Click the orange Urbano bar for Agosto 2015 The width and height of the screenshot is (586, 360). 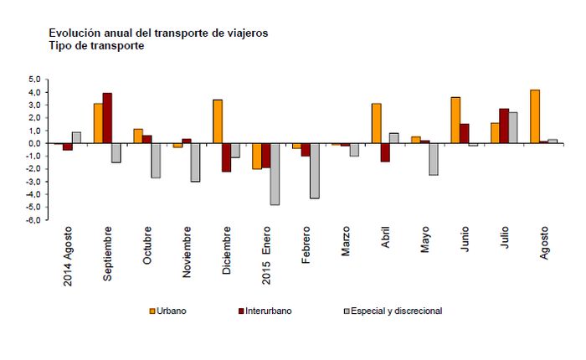(533, 116)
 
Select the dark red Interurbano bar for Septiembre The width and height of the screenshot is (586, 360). (107, 118)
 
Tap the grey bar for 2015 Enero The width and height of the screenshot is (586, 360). (275, 174)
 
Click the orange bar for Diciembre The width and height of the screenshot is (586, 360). (218, 121)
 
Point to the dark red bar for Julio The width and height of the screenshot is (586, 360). (504, 126)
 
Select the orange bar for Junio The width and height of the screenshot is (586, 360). (455, 121)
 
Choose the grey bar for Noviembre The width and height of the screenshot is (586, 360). (195, 162)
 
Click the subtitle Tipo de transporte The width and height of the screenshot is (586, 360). (97, 46)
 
